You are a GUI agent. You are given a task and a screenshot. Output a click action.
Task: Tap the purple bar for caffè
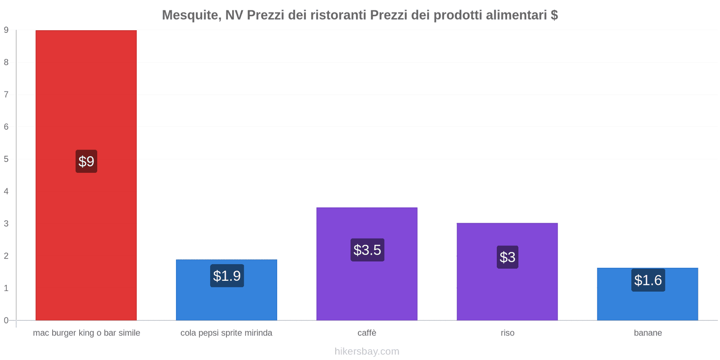point(367,288)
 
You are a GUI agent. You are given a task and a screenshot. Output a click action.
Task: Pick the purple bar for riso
point(507,292)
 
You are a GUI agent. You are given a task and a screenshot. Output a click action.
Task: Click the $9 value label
point(86,161)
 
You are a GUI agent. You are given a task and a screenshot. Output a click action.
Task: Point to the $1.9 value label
point(227,276)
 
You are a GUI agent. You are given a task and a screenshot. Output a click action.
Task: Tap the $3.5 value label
point(367,250)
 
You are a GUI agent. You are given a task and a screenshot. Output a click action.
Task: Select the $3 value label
point(508,257)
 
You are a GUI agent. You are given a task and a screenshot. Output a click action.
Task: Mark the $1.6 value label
point(648,280)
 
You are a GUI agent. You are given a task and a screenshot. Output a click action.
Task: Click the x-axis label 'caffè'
point(367,333)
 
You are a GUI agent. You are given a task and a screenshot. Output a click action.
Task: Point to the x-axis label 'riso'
point(508,333)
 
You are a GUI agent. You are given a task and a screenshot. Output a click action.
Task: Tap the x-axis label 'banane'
point(648,333)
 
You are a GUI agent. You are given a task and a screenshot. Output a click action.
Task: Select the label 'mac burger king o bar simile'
point(86,333)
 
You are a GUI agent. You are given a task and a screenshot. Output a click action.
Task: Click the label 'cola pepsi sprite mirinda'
point(226,333)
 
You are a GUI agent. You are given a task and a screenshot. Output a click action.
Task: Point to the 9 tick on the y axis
point(6,30)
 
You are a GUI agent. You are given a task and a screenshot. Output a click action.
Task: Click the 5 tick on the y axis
point(6,159)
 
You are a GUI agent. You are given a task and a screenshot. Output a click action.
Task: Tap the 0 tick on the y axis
point(6,320)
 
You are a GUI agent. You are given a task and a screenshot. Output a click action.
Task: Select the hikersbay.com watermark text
point(367,351)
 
